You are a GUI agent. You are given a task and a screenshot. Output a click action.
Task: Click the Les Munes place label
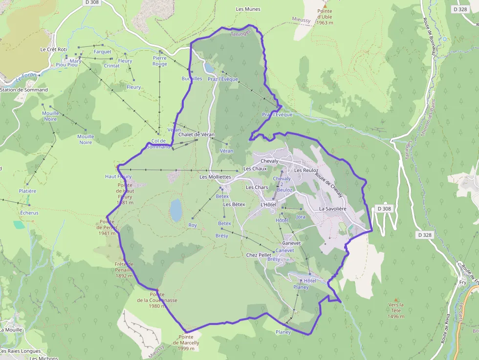pyautogui.click(x=248, y=9)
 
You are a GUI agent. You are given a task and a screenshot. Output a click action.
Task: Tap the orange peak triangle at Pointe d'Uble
pyautogui.click(x=325, y=5)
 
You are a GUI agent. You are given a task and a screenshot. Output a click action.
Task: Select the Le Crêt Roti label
pyautogui.click(x=53, y=49)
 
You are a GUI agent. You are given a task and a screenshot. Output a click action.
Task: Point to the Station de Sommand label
pyautogui.click(x=24, y=90)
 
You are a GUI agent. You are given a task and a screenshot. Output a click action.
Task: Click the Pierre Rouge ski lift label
pyautogui.click(x=160, y=61)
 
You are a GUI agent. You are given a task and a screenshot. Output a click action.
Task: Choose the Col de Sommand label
pyautogui.click(x=159, y=144)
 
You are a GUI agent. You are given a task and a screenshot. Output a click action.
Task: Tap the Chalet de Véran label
pyautogui.click(x=196, y=134)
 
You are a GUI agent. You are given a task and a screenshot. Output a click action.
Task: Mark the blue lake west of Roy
pyautogui.click(x=175, y=210)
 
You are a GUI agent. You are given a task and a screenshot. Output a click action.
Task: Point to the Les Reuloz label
pyautogui.click(x=306, y=170)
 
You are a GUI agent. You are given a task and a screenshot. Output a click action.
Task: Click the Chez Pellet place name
pyautogui.click(x=259, y=255)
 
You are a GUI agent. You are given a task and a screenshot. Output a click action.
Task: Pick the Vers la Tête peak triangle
pyautogui.click(x=396, y=300)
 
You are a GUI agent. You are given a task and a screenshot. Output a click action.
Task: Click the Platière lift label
pyautogui.click(x=27, y=191)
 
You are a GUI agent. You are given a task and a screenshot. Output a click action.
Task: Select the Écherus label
pyautogui.click(x=29, y=213)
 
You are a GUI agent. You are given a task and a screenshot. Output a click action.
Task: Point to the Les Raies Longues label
pyautogui.click(x=21, y=351)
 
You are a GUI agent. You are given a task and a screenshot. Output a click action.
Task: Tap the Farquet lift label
pyautogui.click(x=103, y=51)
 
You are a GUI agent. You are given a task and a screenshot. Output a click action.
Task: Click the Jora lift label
pyautogui.click(x=301, y=217)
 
